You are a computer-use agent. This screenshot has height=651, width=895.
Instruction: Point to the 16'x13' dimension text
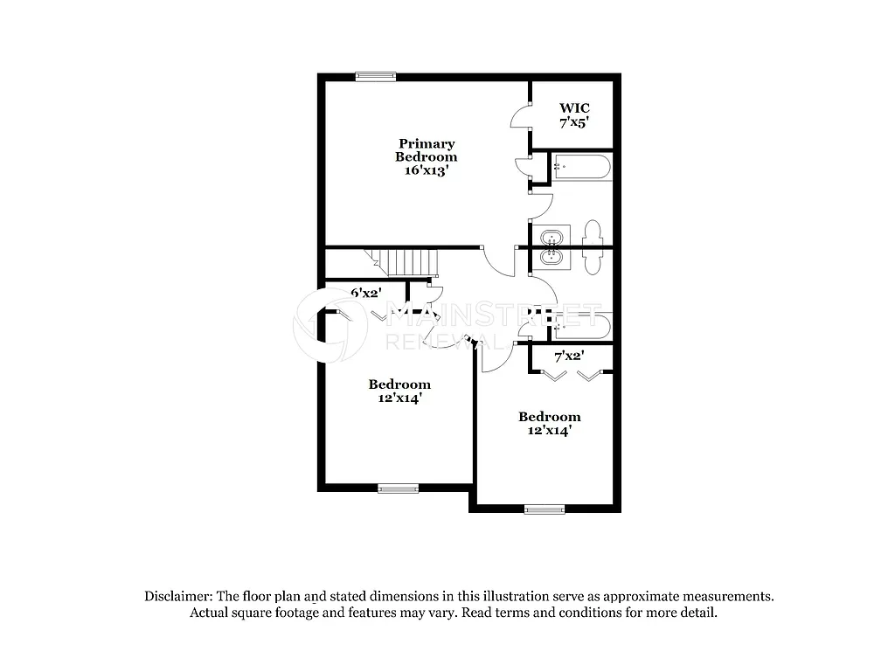coord(427,171)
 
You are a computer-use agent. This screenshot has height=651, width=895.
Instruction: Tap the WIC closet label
coord(574,108)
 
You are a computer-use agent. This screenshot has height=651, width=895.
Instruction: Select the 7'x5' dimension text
coord(574,123)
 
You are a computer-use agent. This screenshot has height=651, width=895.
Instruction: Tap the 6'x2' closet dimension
coord(366,294)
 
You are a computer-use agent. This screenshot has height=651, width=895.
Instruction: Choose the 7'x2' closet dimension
coord(569,356)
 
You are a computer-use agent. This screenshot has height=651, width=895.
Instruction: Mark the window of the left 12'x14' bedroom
coord(398,488)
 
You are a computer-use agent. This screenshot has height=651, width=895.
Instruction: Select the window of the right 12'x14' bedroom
coord(545,509)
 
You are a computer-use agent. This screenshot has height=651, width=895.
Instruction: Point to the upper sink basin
coord(552,236)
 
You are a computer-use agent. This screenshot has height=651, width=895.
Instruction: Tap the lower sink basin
coord(552,258)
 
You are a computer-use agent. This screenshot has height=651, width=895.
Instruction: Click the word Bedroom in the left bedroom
coord(399,384)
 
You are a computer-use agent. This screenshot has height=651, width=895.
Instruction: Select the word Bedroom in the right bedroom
coord(549,417)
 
